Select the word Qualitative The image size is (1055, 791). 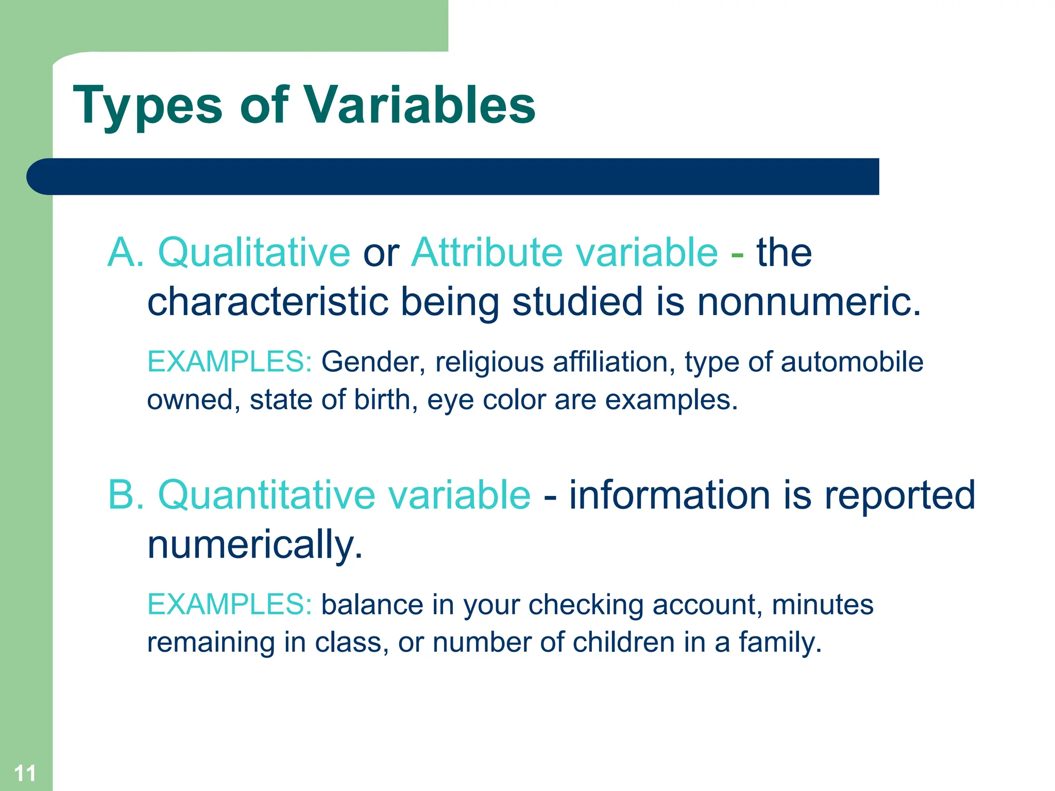coord(254,253)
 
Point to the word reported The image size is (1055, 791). coord(899,495)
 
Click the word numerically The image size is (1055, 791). coord(255,544)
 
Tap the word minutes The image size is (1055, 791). coord(822,604)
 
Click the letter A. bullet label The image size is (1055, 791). coord(126,253)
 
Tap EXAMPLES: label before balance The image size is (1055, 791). coord(229,604)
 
